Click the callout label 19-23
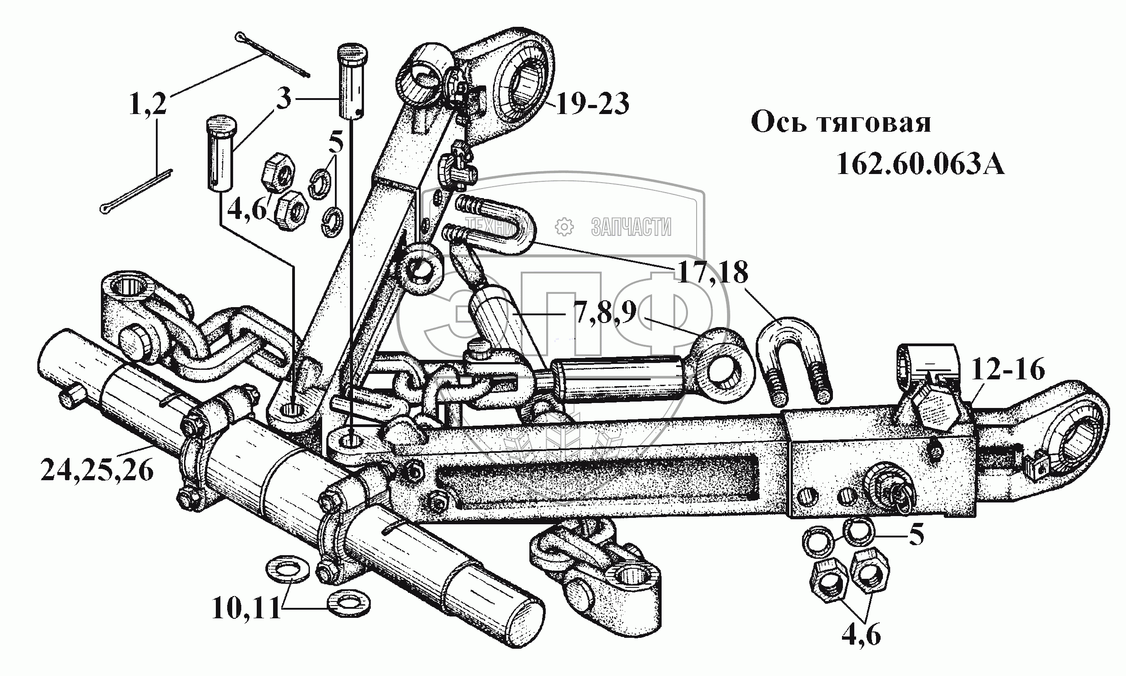[x=593, y=104]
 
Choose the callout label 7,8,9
[x=606, y=313]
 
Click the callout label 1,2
[x=148, y=104]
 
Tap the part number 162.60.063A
[x=920, y=164]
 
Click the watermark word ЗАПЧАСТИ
[x=631, y=227]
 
